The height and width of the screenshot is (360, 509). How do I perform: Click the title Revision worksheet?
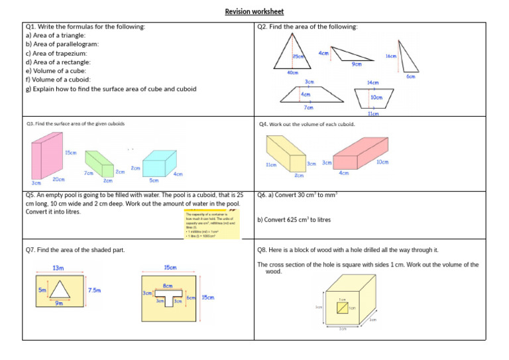point(254,11)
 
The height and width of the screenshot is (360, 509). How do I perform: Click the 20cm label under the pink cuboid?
point(59,179)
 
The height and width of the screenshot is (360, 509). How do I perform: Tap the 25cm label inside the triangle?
point(299,57)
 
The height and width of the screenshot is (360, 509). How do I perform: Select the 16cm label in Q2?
point(391,56)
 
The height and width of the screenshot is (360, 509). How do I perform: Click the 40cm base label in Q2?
point(292,72)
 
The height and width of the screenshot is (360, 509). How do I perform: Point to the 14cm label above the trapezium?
point(372,83)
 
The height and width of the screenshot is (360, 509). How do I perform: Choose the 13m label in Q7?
point(58,268)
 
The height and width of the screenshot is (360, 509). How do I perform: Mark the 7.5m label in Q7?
point(94,290)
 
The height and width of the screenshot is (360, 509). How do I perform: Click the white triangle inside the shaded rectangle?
point(60,290)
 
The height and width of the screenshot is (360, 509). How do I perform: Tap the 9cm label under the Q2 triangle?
point(357,64)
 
